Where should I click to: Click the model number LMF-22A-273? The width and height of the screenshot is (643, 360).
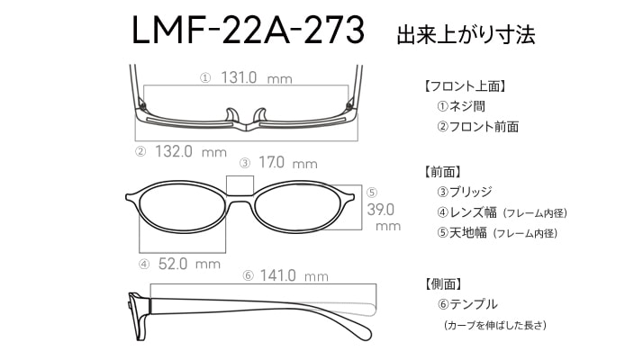[x=248, y=30]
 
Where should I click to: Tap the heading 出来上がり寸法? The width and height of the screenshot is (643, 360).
[x=466, y=34]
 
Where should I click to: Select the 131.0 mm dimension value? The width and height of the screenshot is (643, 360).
[x=257, y=77]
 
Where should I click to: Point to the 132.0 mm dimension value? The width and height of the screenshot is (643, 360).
[x=191, y=152]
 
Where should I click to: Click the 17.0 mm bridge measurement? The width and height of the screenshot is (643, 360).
[x=288, y=163]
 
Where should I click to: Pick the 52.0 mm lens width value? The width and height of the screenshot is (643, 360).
[x=189, y=264]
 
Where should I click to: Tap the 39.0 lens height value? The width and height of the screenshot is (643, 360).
[x=381, y=210]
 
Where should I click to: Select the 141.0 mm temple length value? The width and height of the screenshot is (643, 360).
[x=294, y=275]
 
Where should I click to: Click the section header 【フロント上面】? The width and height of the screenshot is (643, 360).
[x=465, y=86]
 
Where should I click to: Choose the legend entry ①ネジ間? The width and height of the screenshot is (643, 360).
[x=461, y=106]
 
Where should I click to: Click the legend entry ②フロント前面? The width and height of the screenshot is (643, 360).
[x=477, y=127]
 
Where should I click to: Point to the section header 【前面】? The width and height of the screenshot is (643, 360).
[x=442, y=171]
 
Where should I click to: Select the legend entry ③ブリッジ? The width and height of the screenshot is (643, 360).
[x=464, y=192]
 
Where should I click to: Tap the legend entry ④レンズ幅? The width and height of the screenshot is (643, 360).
[x=466, y=212]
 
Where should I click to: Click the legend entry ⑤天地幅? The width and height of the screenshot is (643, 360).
[x=462, y=233]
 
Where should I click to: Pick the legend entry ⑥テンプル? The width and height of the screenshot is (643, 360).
[x=467, y=304]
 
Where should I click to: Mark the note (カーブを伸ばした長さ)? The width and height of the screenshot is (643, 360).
[x=495, y=325]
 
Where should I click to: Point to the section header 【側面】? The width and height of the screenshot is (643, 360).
[x=442, y=283]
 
